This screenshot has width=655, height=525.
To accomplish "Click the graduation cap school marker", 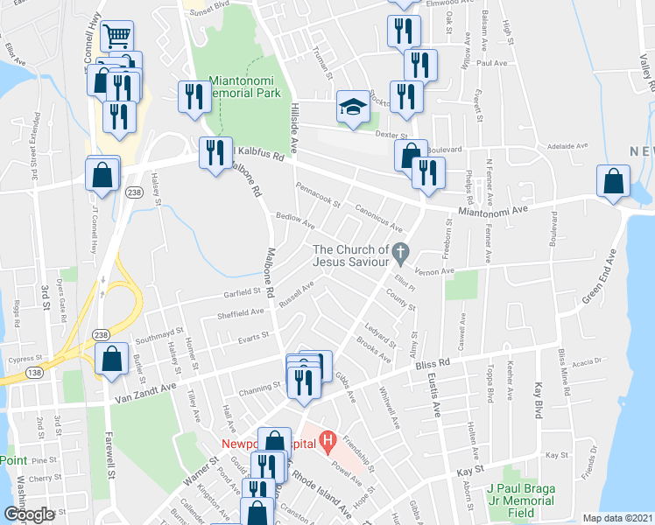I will coord(352,108).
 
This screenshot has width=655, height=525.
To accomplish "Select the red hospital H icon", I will coord(328,440).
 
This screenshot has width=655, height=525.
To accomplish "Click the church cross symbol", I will coord(400,253).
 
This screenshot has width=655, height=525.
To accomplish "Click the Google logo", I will coord(29,514).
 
